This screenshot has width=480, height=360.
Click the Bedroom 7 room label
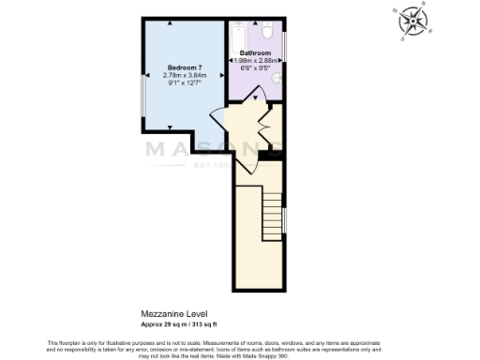[x=185, y=68]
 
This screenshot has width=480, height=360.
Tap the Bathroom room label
[x=255, y=53]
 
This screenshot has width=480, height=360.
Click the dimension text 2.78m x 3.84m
[x=185, y=76]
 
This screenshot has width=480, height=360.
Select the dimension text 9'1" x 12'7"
[x=185, y=83]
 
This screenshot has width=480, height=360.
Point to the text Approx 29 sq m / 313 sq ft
[x=178, y=322]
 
